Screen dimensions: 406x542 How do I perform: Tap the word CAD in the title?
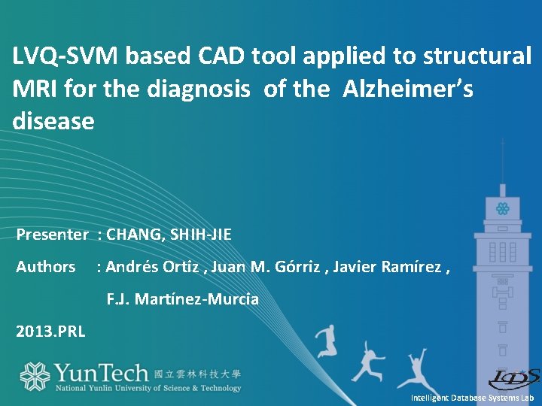tap(221, 56)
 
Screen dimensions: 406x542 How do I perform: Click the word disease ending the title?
tap(53, 122)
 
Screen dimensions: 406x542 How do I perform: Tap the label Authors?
tap(46, 267)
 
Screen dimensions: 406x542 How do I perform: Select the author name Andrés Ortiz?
tap(154, 267)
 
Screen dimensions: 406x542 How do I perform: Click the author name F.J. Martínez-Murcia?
tap(182, 299)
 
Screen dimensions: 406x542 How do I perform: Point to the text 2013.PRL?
tap(51, 331)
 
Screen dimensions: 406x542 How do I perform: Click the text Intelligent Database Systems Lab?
tap(472, 397)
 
